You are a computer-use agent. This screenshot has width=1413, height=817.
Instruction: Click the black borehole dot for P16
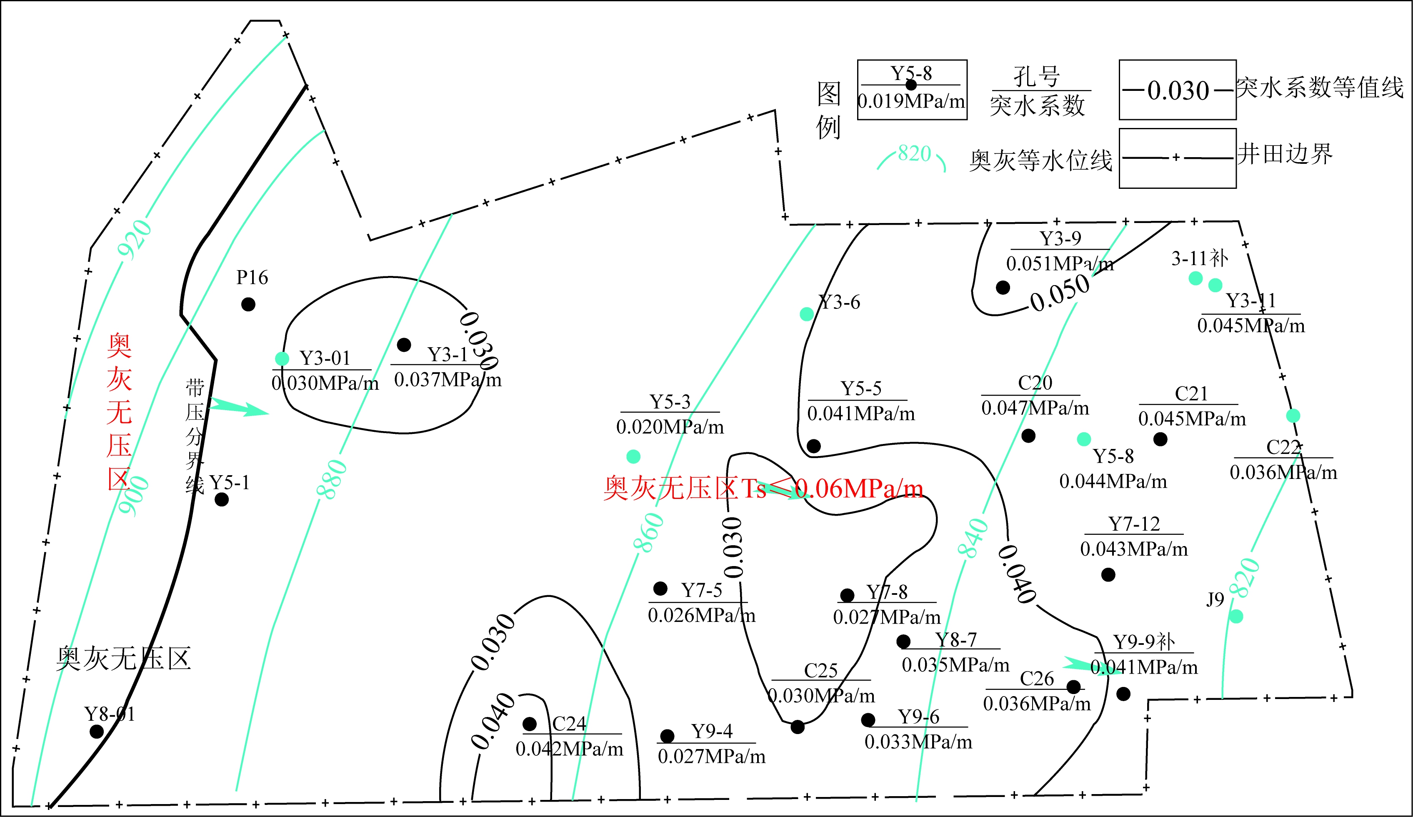[x=248, y=304]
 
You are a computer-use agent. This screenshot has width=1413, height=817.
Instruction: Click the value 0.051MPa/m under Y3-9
[x=1060, y=263]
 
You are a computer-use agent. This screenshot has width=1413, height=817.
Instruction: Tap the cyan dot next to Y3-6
[x=806, y=314]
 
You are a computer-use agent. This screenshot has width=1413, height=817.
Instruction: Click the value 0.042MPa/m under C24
[x=569, y=749]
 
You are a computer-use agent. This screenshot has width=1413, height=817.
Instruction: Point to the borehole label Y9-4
[x=712, y=731]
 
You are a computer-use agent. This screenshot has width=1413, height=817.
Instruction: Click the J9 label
[x=1215, y=599]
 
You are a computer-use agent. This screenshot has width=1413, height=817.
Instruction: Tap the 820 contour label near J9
[x=1244, y=578]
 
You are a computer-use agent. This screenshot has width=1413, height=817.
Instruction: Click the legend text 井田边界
[x=1285, y=154]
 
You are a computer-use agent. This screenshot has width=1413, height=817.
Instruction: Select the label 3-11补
[x=1199, y=258]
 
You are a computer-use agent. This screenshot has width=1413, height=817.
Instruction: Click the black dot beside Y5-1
[x=222, y=499]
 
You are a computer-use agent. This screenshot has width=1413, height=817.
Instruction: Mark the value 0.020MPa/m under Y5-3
[x=670, y=427]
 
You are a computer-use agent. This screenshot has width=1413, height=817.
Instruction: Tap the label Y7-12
[x=1134, y=523]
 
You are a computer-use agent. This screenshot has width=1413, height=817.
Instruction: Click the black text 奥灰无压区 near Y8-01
[x=123, y=658]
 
